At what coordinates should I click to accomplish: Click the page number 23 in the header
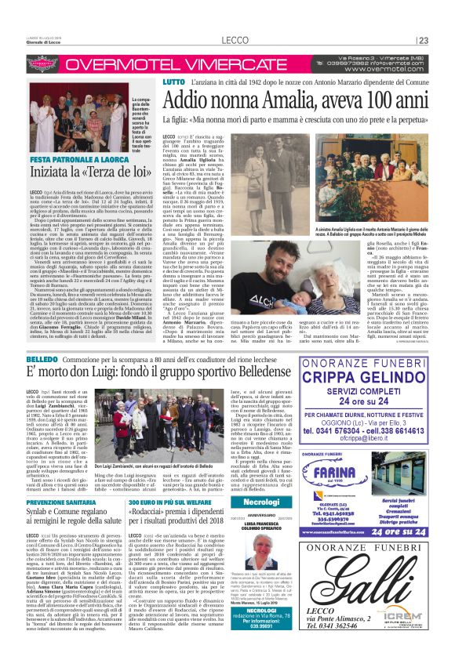tap(423, 41)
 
